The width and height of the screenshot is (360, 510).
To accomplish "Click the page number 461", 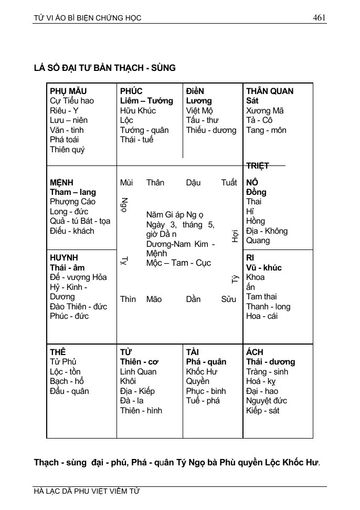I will point(319,17).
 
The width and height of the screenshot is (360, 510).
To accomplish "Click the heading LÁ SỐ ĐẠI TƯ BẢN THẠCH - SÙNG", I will point(104,68).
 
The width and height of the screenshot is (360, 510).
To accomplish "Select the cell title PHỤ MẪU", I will point(68,91).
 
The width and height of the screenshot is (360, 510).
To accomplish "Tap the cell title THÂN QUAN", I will point(270,91).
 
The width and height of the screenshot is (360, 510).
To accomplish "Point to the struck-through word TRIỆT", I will point(258,166).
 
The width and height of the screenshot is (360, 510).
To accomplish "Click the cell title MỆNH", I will point(62,183).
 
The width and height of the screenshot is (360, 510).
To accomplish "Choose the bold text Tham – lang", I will point(73,192).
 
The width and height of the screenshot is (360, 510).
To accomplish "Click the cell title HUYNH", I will point(64,258).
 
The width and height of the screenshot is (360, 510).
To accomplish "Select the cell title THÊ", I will point(58,352).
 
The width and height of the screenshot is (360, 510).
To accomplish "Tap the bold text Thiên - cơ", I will point(139,362).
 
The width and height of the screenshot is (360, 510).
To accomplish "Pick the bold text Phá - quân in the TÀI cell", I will point(206,362).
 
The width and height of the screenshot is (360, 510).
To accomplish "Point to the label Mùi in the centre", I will point(126,183).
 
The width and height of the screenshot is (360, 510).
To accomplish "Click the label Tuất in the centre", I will point(229,183).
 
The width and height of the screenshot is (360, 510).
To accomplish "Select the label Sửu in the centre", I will point(228,299).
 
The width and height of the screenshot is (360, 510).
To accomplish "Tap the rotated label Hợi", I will point(235,236).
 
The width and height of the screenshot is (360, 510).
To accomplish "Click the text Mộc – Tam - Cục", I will point(178,263).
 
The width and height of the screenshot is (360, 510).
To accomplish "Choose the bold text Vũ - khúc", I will point(264,268).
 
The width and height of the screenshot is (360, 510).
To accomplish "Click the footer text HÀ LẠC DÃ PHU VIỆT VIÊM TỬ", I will point(87,492).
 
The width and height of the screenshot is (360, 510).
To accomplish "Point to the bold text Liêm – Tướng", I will point(146,101).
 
